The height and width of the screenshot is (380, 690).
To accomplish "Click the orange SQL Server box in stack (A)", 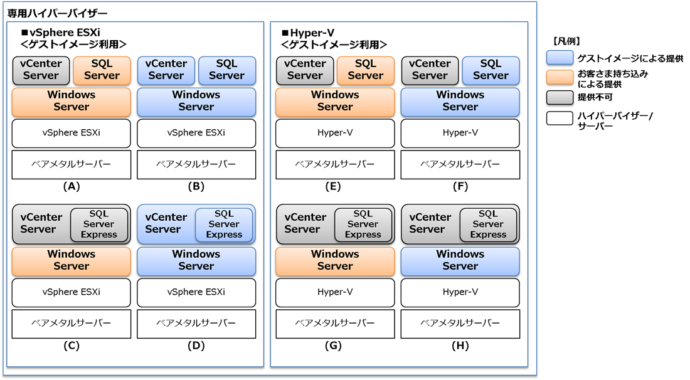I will point(102,70).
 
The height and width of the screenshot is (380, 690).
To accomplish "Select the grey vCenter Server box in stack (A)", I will point(41,70).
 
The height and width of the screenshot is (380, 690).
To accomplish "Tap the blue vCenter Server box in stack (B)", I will point(166,70).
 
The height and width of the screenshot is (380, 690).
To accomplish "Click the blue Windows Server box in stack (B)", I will point(196,101).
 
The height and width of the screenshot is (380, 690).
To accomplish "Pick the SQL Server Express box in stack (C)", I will point(98,224).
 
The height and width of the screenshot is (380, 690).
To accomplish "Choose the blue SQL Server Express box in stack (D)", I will point(224,224).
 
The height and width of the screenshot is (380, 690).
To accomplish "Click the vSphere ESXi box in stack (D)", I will point(196,292).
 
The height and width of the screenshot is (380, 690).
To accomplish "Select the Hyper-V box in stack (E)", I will point(335,133).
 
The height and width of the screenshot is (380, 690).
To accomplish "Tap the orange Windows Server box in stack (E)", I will point(335,101).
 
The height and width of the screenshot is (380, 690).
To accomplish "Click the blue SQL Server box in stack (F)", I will point(491,70).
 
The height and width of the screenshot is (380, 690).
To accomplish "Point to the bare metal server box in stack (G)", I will point(335,324).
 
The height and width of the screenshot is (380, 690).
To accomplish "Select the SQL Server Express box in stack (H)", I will point(488,224).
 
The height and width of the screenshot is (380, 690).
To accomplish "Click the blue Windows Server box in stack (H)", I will point(460,260).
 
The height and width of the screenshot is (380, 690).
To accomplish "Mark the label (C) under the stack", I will point(72,346).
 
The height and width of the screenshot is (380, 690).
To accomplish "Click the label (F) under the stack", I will point(460,186).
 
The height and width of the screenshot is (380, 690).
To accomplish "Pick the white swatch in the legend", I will point(560,117).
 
